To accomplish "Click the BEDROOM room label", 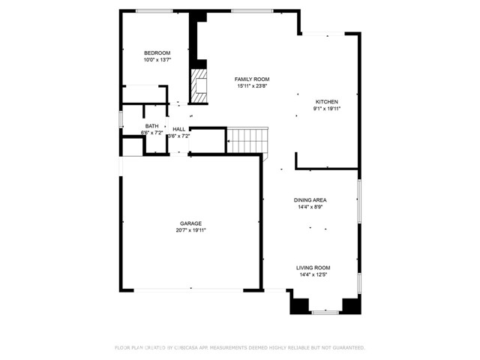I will click(157, 52).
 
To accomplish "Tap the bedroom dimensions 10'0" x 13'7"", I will click(157, 59).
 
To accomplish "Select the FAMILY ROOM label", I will click(252, 79).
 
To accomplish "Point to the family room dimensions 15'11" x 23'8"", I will click(252, 86).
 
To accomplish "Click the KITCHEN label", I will click(326, 102).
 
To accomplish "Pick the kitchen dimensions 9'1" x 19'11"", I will click(326, 109).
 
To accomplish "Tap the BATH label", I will click(151, 126).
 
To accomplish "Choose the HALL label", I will click(179, 129).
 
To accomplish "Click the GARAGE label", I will click(190, 223).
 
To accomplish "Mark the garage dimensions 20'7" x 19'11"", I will click(190, 230).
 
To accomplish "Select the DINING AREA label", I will click(310, 200).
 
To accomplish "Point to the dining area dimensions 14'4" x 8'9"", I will click(310, 207).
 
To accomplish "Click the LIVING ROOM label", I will click(313, 268).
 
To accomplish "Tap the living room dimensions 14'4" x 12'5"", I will click(313, 274).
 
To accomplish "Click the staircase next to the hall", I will click(247, 139).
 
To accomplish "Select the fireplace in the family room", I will click(199, 85).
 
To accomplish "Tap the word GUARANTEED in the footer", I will click(345, 348).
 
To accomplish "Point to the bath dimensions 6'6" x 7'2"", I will click(151, 133).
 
